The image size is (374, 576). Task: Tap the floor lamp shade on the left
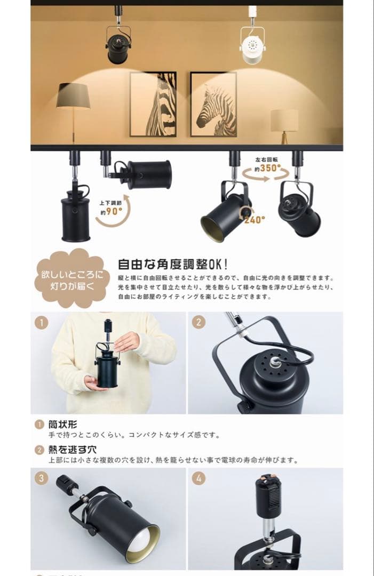pyautogui.click(x=73, y=96)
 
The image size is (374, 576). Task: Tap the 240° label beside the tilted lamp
pyautogui.click(x=255, y=219)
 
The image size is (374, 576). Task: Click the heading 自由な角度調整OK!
pyautogui.click(x=172, y=264)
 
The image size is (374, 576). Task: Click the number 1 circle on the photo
pyautogui.click(x=42, y=322)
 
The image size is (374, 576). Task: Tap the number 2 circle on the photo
pyautogui.click(x=198, y=322)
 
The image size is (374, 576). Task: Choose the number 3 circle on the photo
pyautogui.click(x=42, y=478)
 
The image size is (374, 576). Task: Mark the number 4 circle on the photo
pyautogui.click(x=198, y=478)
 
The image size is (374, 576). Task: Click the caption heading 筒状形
pyautogui.click(x=63, y=425)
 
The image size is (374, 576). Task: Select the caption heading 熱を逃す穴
pyautogui.click(x=73, y=449)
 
